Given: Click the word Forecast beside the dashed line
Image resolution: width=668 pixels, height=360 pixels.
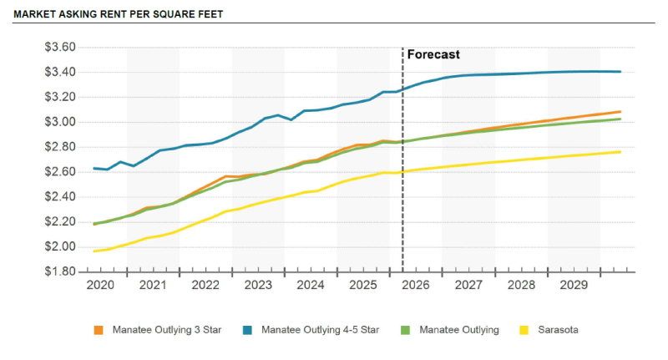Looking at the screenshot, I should point(433,54).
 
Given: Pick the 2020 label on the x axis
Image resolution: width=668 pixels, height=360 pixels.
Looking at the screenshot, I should point(100,285).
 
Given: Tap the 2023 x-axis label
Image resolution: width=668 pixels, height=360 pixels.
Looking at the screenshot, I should point(258,285).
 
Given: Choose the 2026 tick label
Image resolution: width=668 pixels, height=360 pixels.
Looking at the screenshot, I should point(416,285).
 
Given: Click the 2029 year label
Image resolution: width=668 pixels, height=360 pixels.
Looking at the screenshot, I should point(574,285).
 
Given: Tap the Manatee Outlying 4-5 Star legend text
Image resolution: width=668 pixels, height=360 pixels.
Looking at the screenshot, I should point(320,330).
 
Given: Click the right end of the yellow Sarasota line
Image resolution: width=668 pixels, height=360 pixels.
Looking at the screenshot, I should point(620,151).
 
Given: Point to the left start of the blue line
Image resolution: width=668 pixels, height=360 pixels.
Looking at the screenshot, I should point(94,168).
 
